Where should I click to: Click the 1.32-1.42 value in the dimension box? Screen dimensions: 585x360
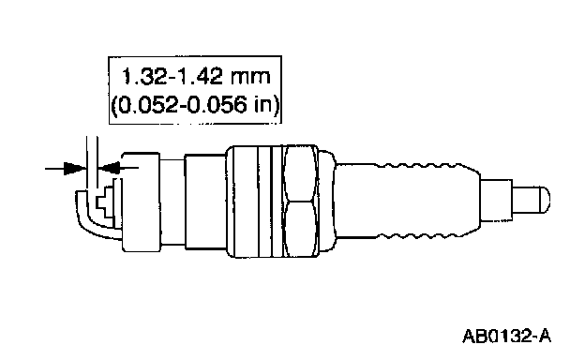(x=172, y=77)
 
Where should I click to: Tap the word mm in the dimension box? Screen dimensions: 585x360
(x=250, y=78)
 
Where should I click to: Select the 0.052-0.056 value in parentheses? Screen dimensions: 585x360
(x=179, y=105)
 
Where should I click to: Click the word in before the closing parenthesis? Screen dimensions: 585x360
(x=262, y=104)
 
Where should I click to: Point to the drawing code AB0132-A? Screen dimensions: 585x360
(x=506, y=336)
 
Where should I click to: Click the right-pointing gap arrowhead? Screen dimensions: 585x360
(x=75, y=168)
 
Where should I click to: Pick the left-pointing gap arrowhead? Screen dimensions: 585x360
(x=109, y=168)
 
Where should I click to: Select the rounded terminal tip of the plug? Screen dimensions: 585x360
(x=532, y=200)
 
